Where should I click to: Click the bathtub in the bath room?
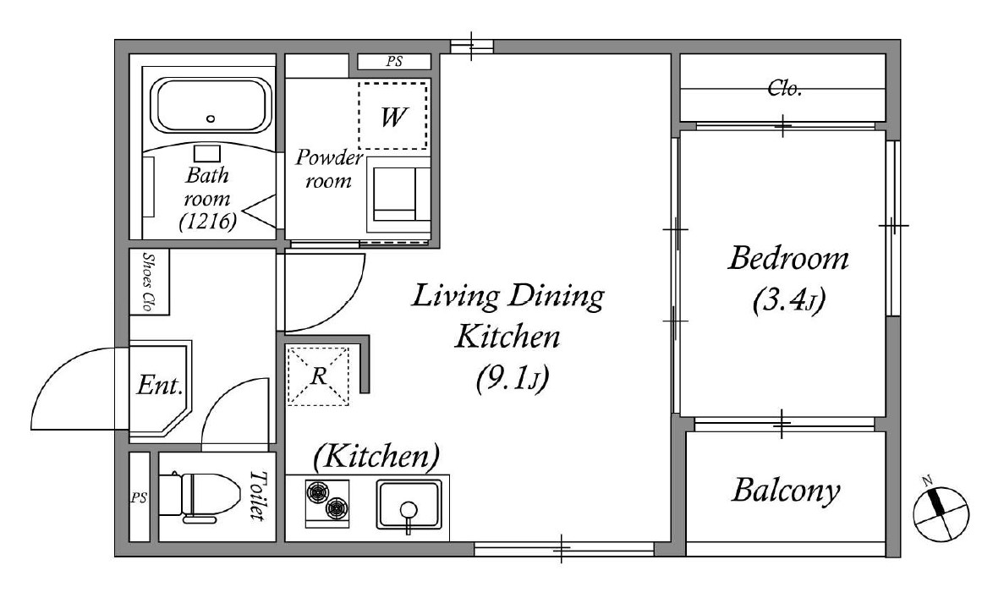tap(211, 105)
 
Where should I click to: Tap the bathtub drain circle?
tap(211, 118)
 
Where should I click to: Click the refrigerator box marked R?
tap(317, 376)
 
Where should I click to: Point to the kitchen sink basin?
tap(409, 505)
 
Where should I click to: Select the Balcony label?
tap(786, 491)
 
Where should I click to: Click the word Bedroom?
tap(787, 258)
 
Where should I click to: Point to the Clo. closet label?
tap(785, 88)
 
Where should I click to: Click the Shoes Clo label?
tap(148, 282)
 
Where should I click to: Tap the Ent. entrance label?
tap(160, 385)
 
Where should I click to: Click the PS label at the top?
tap(394, 62)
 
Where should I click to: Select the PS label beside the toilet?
tap(139, 498)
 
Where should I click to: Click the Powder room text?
tap(329, 168)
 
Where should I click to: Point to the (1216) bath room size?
tap(207, 221)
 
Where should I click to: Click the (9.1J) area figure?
tap(513, 379)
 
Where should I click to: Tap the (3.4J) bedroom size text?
tap(788, 300)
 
